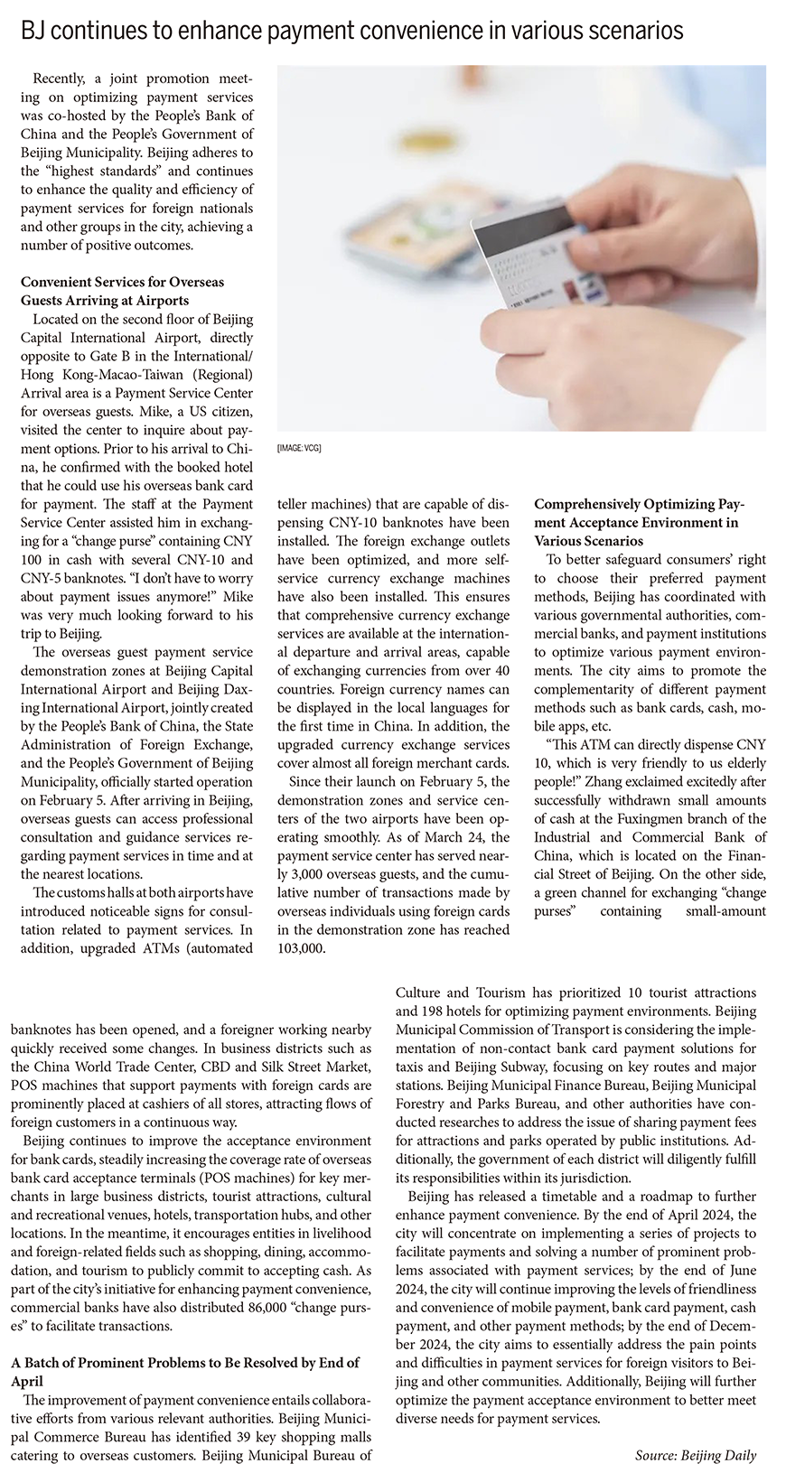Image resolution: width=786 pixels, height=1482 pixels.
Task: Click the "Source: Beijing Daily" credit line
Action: (x=695, y=1455)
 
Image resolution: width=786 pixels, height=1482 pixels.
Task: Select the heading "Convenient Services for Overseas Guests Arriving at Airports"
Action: (x=122, y=291)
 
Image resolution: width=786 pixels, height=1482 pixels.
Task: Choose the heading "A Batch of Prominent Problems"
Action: (x=184, y=1371)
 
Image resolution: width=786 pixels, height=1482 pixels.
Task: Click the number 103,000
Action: (x=301, y=949)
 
